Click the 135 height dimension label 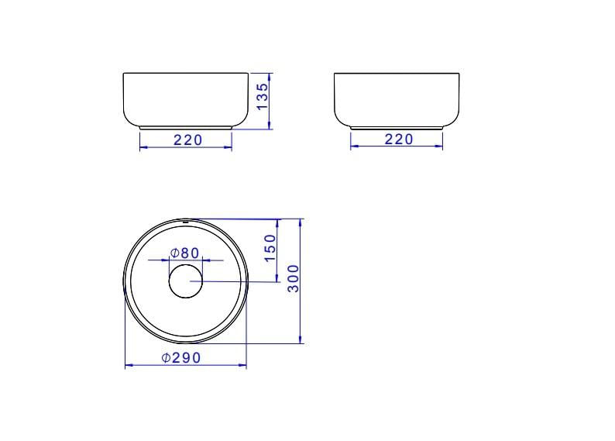click(263, 96)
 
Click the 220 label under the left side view click(188, 140)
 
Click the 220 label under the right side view click(399, 140)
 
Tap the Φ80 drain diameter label click(185, 253)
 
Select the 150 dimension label click(270, 248)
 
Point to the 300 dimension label click(294, 278)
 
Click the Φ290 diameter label click(181, 358)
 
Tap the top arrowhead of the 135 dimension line click(270, 76)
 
